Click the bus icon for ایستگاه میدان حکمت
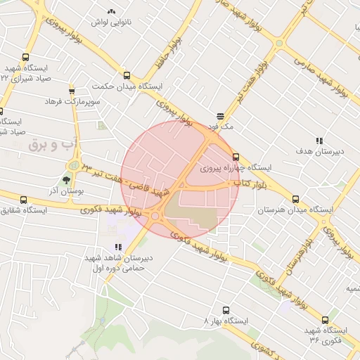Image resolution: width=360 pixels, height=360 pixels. coord(127,75)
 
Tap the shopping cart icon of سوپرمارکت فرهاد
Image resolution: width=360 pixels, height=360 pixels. coord(72,91)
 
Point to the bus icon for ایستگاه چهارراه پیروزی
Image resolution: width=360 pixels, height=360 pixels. coord(235,157)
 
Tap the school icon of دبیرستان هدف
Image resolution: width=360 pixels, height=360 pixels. coord(319,141)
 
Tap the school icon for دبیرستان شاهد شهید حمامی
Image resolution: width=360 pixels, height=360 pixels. coord(117,247)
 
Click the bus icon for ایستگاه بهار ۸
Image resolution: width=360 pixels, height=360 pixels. coord(226,310)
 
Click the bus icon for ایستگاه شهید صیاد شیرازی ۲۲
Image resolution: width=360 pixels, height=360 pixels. coord(26,58)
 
